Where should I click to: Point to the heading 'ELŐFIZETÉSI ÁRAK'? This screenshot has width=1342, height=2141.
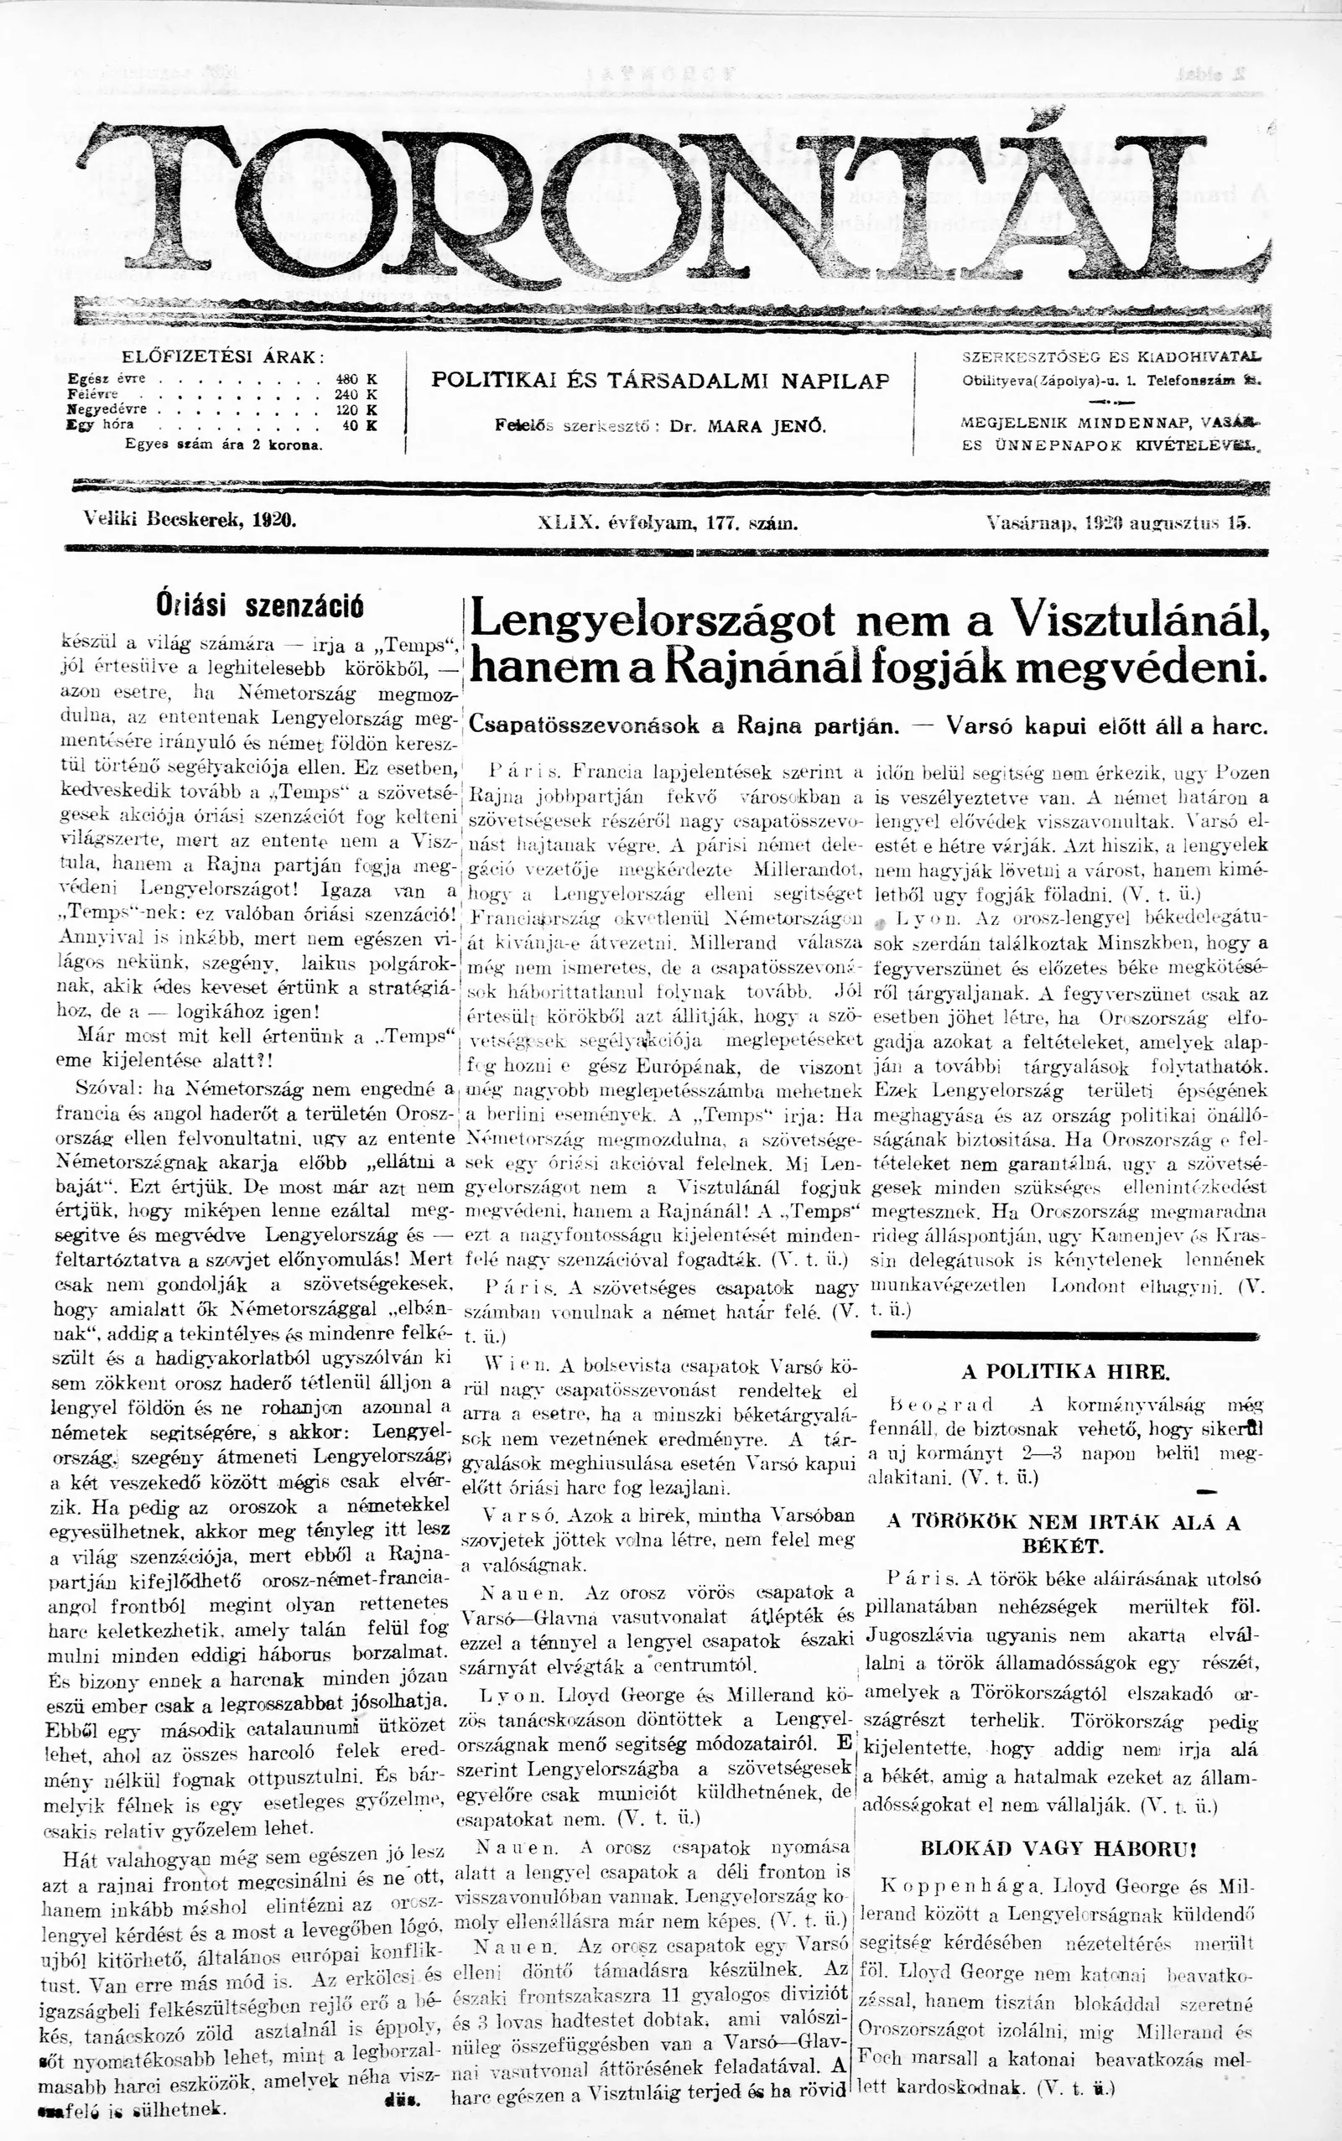pyautogui.click(x=222, y=357)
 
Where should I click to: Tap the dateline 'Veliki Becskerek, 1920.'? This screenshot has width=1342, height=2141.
pyautogui.click(x=189, y=521)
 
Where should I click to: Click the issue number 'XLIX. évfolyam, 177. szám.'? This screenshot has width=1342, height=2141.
pyautogui.click(x=668, y=523)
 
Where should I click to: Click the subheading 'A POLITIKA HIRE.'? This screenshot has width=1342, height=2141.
pyautogui.click(x=1065, y=1372)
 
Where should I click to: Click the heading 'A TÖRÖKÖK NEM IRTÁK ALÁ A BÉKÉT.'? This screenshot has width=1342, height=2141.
pyautogui.click(x=1064, y=1533)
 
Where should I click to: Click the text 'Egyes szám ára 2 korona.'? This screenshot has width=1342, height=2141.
pyautogui.click(x=224, y=444)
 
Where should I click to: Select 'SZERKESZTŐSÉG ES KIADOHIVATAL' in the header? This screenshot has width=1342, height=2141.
pyautogui.click(x=1111, y=356)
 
